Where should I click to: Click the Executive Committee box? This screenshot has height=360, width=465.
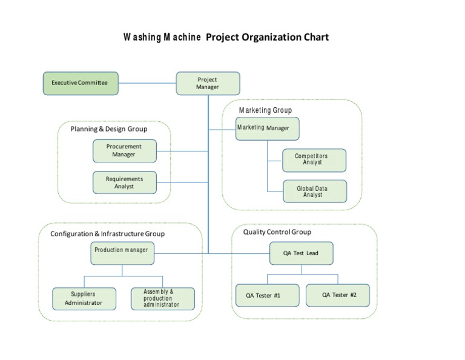[x=81, y=83]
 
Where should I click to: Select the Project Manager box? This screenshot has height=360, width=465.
[x=208, y=84]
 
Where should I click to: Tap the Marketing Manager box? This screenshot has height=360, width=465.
[x=267, y=128]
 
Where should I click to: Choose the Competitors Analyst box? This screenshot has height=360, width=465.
[x=314, y=160]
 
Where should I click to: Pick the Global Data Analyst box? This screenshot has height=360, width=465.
[x=314, y=192]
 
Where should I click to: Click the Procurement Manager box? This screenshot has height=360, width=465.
[x=124, y=151]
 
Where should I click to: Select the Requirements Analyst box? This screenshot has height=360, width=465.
[x=124, y=182]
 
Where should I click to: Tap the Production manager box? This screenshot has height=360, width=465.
[x=122, y=253]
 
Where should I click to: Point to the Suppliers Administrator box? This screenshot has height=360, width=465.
[x=84, y=298]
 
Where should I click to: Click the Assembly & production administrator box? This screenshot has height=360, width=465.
[x=163, y=298]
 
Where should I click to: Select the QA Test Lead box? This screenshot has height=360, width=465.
[x=301, y=253]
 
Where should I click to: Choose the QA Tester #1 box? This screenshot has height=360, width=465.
[x=266, y=295]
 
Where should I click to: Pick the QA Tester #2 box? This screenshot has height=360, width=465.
[x=337, y=295]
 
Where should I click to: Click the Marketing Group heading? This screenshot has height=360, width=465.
[x=265, y=110]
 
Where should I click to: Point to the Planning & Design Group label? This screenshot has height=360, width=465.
[x=109, y=128]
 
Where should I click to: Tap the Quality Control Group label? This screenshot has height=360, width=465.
[x=277, y=232]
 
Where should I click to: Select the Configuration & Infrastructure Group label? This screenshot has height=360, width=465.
[x=107, y=233]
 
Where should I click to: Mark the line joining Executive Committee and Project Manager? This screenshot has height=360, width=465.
[x=147, y=83]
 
